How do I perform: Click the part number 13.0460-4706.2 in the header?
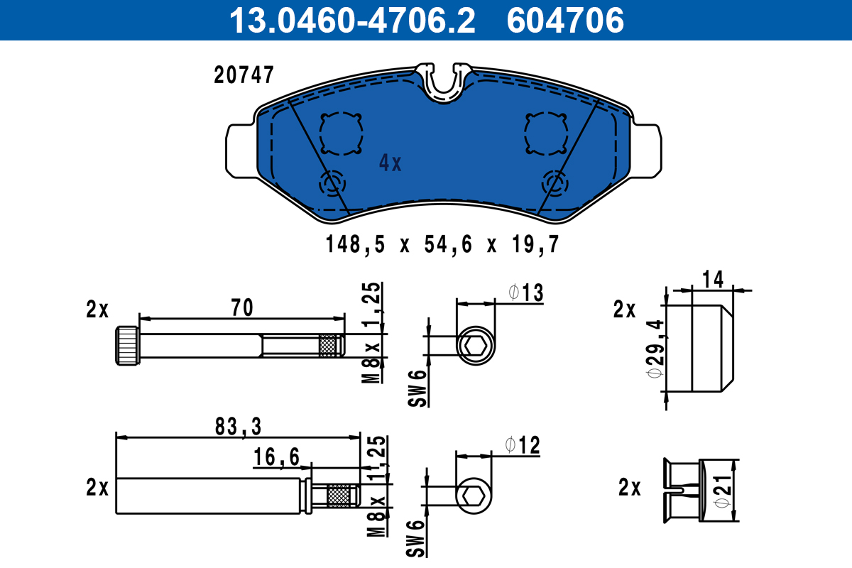351,20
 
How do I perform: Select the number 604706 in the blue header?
565,20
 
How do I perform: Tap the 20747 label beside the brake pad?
244,75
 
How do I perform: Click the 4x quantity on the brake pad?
390,164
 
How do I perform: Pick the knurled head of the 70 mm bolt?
127,345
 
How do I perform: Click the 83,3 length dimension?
238,426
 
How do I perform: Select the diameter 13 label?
525,292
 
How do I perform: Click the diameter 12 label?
523,446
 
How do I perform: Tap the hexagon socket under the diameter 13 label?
474,347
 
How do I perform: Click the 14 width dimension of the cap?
714,280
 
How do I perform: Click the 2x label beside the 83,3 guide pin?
97,488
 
